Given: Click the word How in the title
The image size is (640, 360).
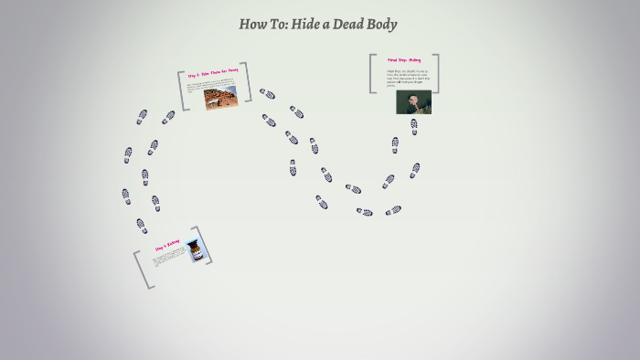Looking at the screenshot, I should tap(251, 25).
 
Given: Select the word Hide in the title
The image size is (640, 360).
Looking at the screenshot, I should tap(308, 25).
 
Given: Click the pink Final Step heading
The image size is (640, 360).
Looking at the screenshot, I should tap(404, 60).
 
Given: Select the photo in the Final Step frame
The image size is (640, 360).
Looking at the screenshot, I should tap(413, 101).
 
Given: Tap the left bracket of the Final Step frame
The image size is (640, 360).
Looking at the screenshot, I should tap(372, 73).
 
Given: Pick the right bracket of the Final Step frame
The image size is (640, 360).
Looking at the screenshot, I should tap(436, 73).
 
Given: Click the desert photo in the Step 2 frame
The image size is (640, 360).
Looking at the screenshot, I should tap(220, 97).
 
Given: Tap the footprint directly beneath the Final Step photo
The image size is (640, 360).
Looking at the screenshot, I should tap(414, 126).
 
